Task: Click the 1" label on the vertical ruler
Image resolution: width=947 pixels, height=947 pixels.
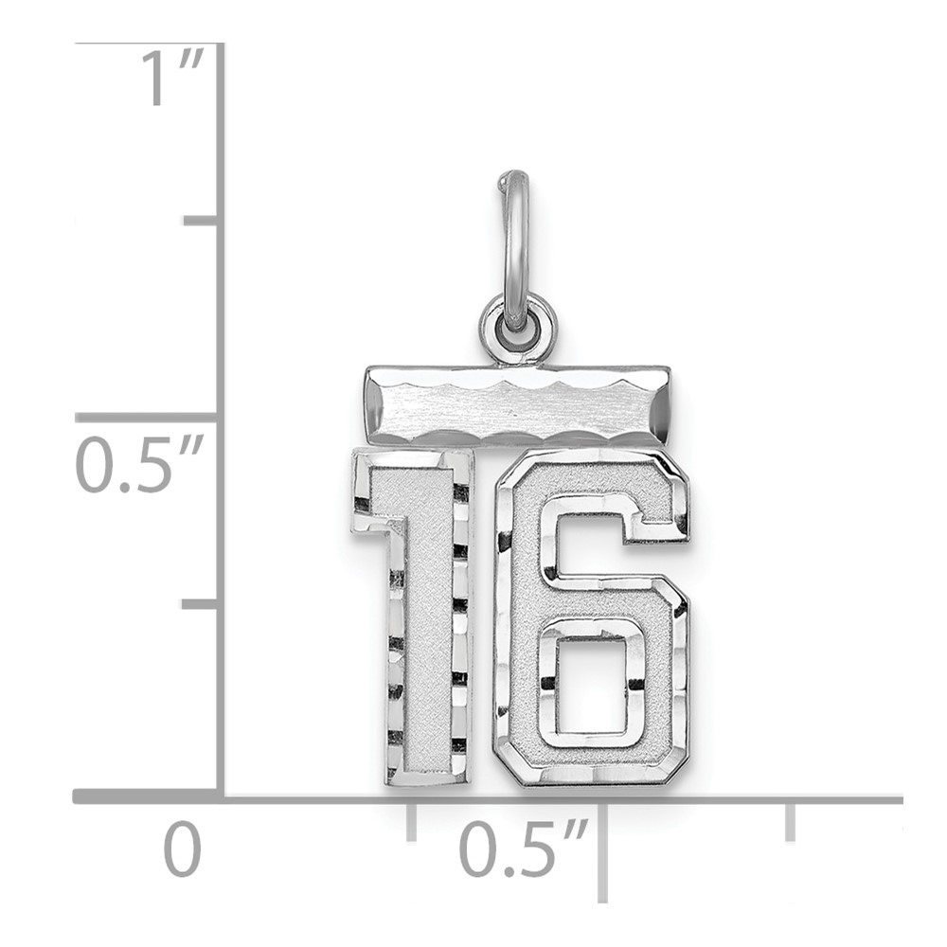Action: pos(172,78)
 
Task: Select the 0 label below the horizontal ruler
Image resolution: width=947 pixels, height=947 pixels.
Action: pos(183,849)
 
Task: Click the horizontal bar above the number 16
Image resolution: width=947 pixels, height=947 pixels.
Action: pos(517,406)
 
